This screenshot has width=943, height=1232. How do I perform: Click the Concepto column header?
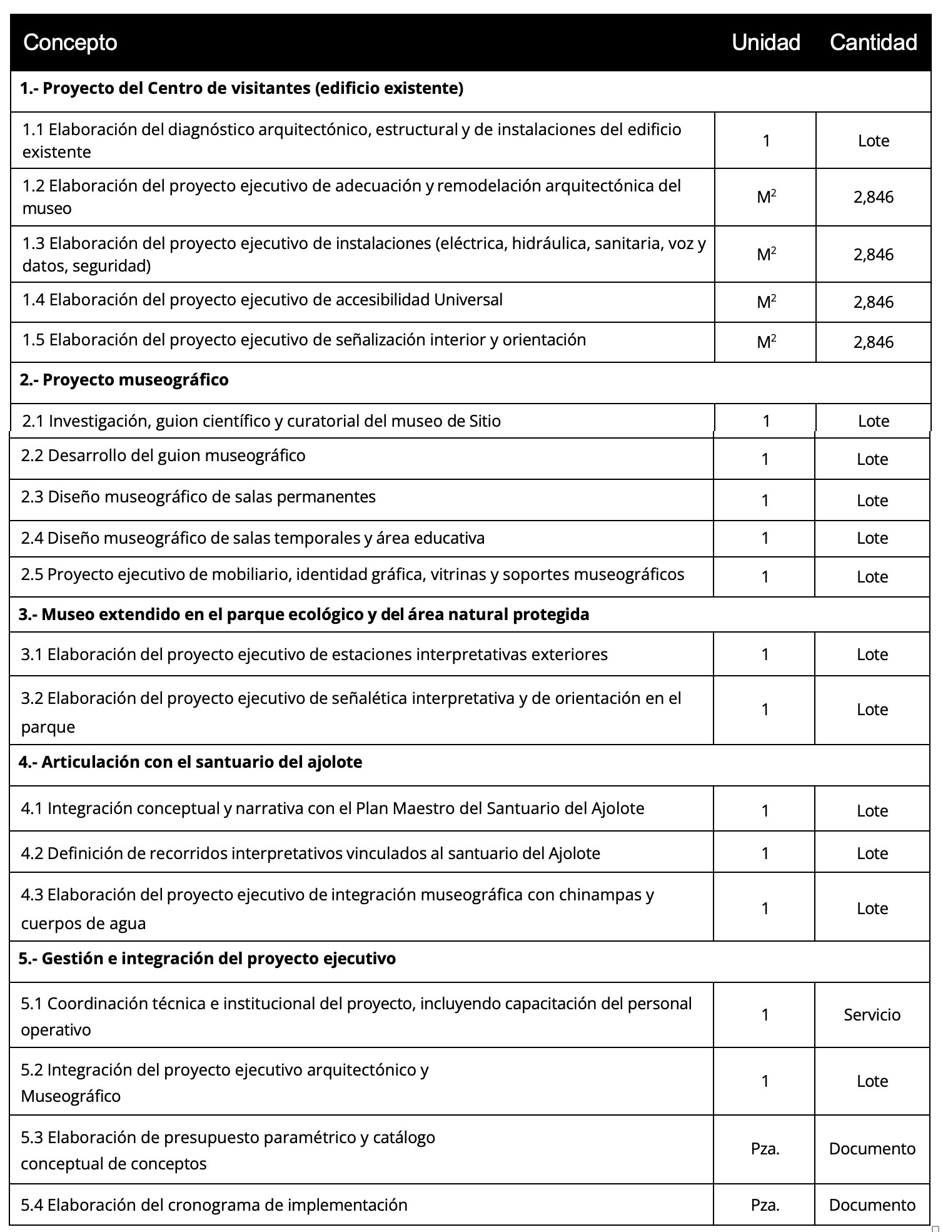70,43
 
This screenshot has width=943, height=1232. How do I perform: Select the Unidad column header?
765,43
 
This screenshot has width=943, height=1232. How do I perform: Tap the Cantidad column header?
873,43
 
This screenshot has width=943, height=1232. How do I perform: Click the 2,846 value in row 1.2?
873,198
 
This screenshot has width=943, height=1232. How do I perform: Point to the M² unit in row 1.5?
766,342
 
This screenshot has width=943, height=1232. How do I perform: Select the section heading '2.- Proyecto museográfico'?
124,380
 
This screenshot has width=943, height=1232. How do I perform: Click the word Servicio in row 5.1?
872,1014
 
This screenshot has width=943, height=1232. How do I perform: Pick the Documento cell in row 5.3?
872,1149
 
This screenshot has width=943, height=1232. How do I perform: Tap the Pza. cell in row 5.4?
765,1204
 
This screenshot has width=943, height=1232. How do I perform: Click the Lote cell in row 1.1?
873,141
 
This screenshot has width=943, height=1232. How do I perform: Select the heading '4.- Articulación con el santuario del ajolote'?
190,762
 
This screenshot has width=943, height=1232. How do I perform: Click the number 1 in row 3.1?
765,654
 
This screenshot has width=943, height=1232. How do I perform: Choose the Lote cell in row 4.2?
872,853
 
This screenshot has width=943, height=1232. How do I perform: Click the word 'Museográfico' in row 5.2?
71,1096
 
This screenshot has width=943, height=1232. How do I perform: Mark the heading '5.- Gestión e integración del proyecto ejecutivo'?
207,959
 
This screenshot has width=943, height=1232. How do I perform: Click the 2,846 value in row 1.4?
873,302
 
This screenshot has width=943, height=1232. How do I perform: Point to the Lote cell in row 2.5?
872,577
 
